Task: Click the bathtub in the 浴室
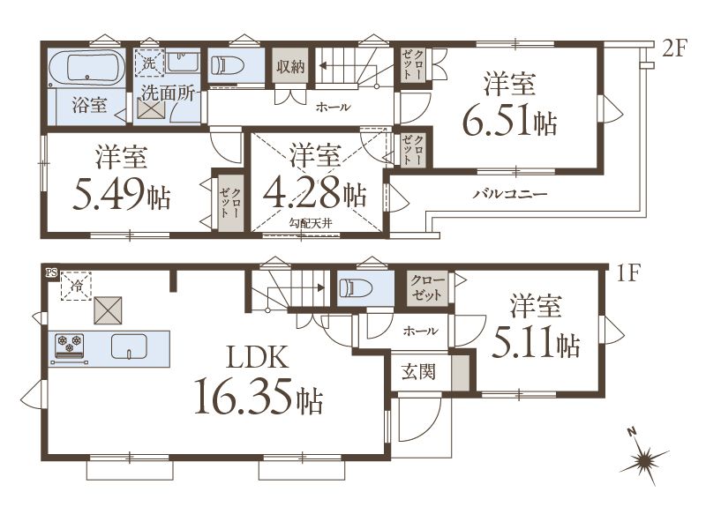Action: pos(86,68)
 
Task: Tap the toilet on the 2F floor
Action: pos(228,66)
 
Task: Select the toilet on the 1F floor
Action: pos(356,288)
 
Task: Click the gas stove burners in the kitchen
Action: pos(70,343)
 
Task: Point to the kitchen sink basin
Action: pos(129,346)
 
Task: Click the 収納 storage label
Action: pos(290,67)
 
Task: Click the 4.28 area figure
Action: pos(303,193)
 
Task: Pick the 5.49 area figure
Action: pos(109,194)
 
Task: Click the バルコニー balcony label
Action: pos(510,194)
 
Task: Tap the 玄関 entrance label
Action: pos(418,372)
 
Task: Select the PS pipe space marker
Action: pos(51,272)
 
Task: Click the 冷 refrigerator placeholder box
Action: pos(77,285)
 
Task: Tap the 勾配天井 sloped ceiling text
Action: pos(311,223)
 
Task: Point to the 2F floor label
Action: pos(673,48)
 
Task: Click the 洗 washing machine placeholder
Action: pos(149,63)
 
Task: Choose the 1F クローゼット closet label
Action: pos(427,288)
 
